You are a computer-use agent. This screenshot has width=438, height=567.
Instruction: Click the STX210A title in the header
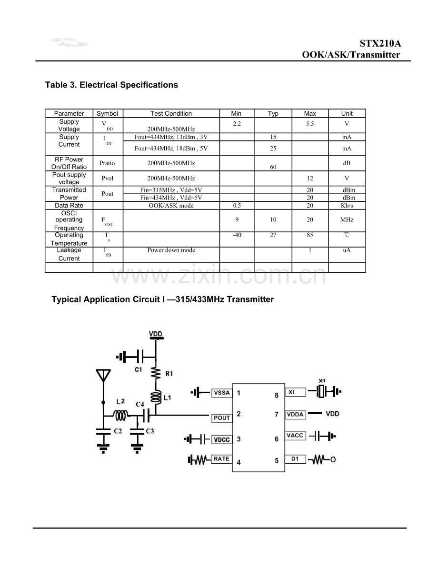click(x=380, y=43)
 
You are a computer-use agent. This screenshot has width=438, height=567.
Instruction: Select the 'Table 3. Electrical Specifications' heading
click(x=111, y=85)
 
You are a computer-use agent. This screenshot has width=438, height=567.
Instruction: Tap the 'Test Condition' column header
click(x=171, y=113)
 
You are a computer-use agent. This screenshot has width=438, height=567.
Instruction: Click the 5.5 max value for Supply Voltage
click(x=310, y=124)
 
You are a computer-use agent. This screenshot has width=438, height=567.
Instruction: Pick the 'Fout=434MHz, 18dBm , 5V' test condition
click(x=171, y=149)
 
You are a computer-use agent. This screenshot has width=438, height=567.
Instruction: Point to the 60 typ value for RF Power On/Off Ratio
click(x=273, y=167)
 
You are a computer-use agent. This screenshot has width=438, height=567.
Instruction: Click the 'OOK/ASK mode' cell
click(x=171, y=206)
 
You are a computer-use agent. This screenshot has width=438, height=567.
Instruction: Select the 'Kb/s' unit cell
click(x=347, y=206)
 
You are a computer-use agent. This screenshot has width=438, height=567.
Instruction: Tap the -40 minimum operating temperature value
click(x=236, y=235)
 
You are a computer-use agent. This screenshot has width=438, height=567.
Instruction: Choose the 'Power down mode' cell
click(x=171, y=250)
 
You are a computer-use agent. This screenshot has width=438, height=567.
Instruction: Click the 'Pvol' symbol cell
click(x=107, y=179)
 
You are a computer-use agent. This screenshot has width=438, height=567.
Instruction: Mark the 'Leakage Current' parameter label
click(x=69, y=254)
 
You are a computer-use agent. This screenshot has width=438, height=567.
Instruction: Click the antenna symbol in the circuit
click(x=103, y=376)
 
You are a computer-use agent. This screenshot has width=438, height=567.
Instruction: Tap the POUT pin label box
click(x=221, y=418)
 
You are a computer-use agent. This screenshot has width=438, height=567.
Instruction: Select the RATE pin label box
click(x=221, y=459)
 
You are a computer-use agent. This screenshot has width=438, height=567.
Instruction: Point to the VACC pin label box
click(x=295, y=436)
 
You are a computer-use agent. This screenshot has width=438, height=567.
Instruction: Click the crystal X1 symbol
click(x=322, y=392)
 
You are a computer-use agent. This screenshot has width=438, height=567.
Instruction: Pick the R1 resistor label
click(x=169, y=374)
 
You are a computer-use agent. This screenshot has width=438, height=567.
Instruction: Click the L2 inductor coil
click(x=120, y=416)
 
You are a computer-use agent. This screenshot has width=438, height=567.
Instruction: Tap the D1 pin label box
click(x=295, y=459)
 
